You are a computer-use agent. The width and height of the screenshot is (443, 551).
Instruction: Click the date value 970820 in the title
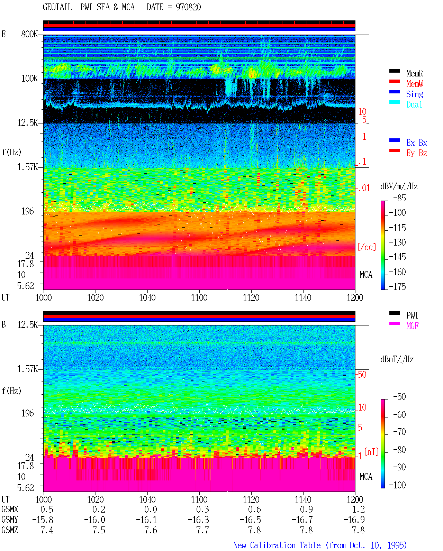[188, 7]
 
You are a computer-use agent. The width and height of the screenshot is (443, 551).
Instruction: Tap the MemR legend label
[414, 73]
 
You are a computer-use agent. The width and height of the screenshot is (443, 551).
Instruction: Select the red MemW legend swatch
[394, 81]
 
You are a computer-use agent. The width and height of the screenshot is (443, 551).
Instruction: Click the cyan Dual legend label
[414, 104]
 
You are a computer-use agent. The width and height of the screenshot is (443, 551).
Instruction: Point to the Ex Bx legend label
[416, 143]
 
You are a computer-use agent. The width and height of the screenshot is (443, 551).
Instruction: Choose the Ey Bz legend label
[416, 153]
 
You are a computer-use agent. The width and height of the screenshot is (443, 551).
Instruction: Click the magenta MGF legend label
[412, 326]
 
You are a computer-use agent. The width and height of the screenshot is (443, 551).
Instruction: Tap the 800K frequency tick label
[29, 34]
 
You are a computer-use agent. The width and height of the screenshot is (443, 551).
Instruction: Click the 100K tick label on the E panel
[29, 79]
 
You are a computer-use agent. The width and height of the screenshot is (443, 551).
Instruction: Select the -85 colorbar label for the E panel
[399, 198]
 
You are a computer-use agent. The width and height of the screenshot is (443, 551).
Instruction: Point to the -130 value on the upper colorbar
[397, 242]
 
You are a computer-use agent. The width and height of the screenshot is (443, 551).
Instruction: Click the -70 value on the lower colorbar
[399, 432]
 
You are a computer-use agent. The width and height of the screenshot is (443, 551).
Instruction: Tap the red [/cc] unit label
[367, 247]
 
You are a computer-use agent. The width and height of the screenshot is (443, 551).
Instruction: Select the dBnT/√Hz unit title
[397, 359]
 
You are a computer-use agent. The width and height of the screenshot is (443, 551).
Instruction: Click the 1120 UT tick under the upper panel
[251, 297]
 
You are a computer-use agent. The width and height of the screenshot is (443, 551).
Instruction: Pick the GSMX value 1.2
[358, 509]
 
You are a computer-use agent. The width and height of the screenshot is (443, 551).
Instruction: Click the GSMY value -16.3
[198, 520]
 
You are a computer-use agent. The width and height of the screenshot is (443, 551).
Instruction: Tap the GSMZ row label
[10, 530]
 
